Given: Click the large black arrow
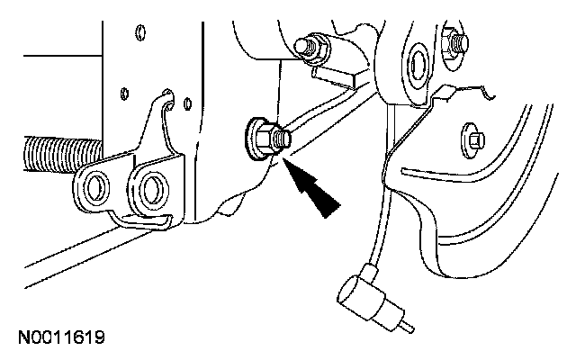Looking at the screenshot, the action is (315, 190).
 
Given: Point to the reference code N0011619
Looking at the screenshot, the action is (61, 339).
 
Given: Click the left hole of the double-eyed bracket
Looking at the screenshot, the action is (95, 186).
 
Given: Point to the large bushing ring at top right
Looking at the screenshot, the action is (417, 61).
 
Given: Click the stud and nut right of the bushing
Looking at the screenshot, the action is (456, 44).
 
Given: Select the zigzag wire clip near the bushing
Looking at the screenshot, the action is (468, 90).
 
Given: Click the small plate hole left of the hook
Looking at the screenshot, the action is (122, 94).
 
